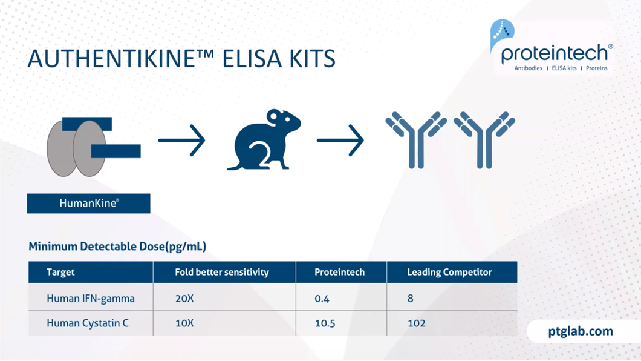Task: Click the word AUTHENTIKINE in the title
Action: click(120, 58)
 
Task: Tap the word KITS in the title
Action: click(312, 59)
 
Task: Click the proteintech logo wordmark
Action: click(555, 54)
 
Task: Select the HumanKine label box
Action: click(89, 204)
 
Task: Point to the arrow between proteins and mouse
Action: click(181, 141)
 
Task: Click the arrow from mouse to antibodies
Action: click(340, 141)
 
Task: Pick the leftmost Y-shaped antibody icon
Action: click(416, 140)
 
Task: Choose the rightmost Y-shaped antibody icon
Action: click(484, 140)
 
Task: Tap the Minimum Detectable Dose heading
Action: click(117, 247)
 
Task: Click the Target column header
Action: click(60, 272)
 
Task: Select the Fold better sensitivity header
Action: click(222, 272)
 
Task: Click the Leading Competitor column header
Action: click(449, 272)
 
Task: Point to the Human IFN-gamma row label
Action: click(90, 299)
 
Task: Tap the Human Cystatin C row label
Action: click(88, 323)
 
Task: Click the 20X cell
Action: click(184, 299)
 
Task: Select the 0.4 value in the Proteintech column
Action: click(322, 299)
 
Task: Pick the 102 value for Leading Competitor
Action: click(416, 323)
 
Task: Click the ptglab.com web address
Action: click(581, 331)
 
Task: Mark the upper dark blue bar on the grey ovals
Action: click(87, 124)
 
